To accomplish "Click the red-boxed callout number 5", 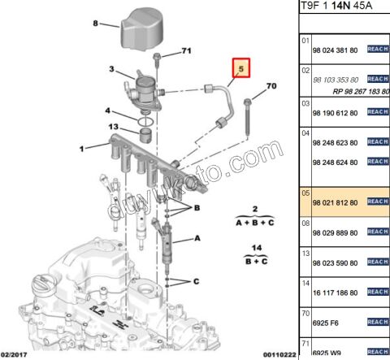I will (x=241, y=70).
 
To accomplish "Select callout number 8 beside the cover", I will (x=95, y=24).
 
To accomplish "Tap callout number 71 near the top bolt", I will (x=186, y=51).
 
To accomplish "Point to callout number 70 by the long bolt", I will (x=271, y=85).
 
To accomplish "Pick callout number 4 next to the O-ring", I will (x=106, y=110).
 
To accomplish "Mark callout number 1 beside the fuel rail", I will (x=81, y=149).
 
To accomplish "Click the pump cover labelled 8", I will (x=146, y=28).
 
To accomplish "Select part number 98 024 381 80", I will (x=335, y=50).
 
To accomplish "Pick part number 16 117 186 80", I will (x=335, y=290).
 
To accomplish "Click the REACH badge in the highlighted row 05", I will (x=379, y=201).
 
